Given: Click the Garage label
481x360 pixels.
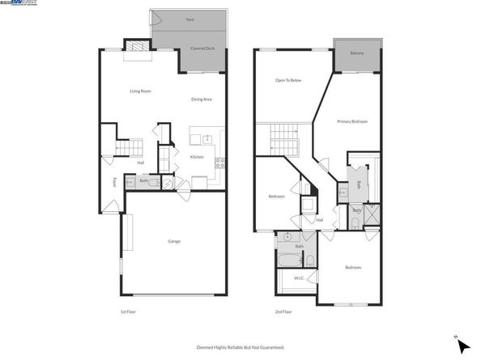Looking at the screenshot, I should [173, 242].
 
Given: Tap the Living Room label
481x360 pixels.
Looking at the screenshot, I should [141, 91].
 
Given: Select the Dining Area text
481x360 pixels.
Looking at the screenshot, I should [202, 100].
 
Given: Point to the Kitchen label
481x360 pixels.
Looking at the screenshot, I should [196, 157].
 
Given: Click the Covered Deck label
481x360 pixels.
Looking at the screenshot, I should [202, 49].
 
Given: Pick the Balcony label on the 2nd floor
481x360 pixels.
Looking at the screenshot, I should [356, 53].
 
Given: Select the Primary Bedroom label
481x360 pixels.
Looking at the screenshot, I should [352, 121].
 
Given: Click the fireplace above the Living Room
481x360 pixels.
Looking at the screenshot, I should [135, 50].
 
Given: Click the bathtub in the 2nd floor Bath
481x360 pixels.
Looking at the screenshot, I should [289, 260].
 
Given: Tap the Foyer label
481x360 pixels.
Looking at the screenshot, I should [114, 182].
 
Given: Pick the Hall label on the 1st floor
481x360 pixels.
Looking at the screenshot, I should [141, 163].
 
